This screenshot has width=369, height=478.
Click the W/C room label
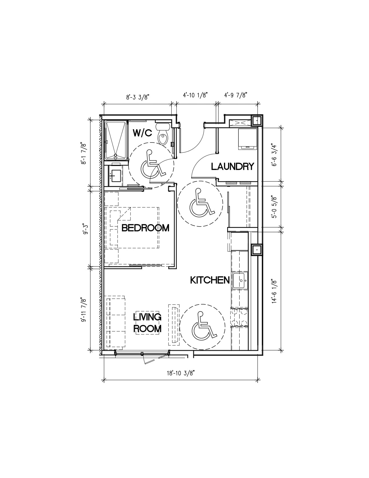[142, 133]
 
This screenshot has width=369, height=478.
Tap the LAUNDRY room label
[232, 167]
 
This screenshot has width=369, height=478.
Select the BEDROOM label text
[145, 228]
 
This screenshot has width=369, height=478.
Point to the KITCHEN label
[210, 280]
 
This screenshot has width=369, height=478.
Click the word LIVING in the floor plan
[147, 317]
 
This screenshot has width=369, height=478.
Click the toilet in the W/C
[163, 134]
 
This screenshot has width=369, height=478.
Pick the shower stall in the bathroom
[116, 140]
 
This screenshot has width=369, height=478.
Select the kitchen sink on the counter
[241, 280]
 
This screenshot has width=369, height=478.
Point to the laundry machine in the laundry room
[248, 139]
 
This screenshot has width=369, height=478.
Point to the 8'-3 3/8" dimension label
[139, 97]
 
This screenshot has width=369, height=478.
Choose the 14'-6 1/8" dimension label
[274, 292]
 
